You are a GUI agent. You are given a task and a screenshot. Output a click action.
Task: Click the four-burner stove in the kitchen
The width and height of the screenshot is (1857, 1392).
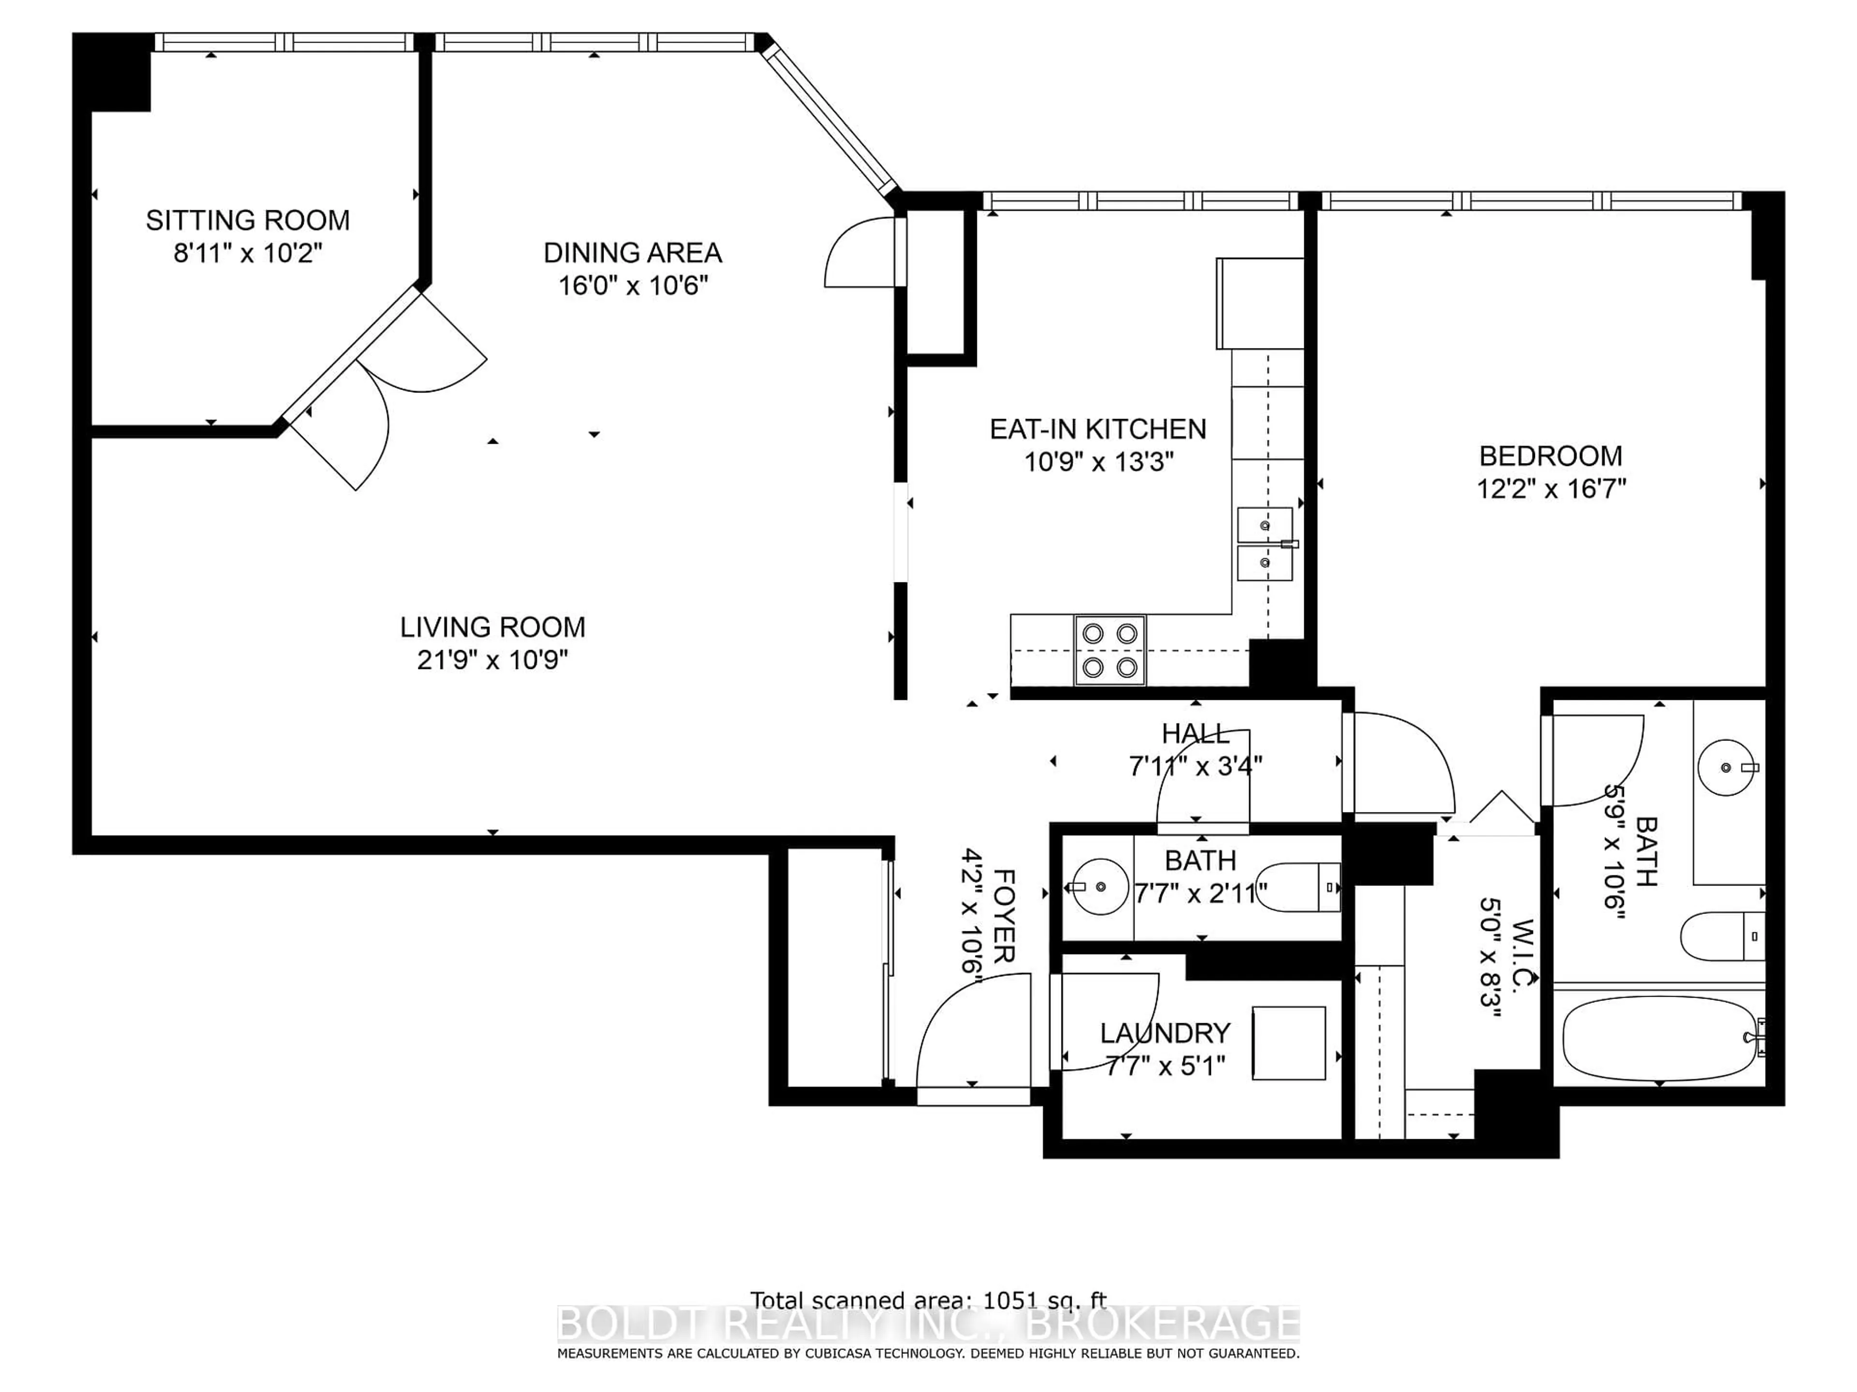click(1110, 650)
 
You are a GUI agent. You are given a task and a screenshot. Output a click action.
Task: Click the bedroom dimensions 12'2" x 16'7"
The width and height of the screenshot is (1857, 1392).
click(1550, 488)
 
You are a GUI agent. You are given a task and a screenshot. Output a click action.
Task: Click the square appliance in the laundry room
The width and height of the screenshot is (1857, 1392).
click(1289, 1043)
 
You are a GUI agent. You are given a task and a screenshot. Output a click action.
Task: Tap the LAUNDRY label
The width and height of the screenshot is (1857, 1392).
click(1165, 1033)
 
